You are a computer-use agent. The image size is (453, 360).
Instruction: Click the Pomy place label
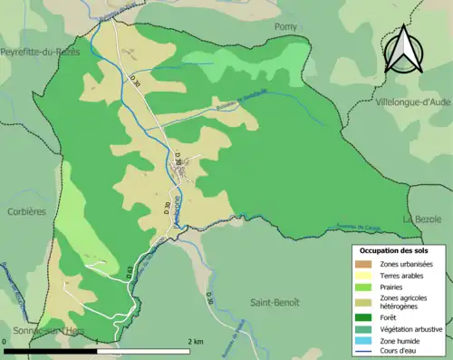(x=285, y=28)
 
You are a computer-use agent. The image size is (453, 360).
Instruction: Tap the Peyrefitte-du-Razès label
(x=41, y=52)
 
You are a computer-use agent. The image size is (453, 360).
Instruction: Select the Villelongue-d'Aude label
(x=412, y=102)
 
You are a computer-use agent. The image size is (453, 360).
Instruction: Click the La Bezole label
(x=421, y=219)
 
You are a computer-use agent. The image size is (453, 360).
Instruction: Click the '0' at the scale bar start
(x=5, y=342)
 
